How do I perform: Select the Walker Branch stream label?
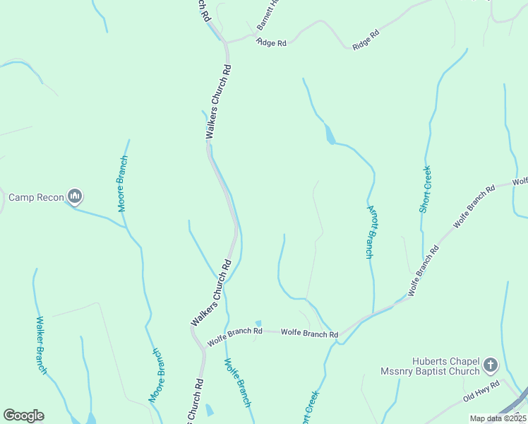[x=42, y=345]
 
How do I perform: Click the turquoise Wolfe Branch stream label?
[x=237, y=383]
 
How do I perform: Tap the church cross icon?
[x=491, y=365]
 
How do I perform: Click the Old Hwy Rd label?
[x=481, y=391]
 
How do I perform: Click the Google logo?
[x=23, y=416]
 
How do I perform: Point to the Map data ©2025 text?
[x=497, y=418]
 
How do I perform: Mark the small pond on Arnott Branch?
[x=329, y=134]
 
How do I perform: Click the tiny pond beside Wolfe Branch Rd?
[x=258, y=323]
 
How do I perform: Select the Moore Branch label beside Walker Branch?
[x=157, y=375]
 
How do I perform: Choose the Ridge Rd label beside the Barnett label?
[x=272, y=43]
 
